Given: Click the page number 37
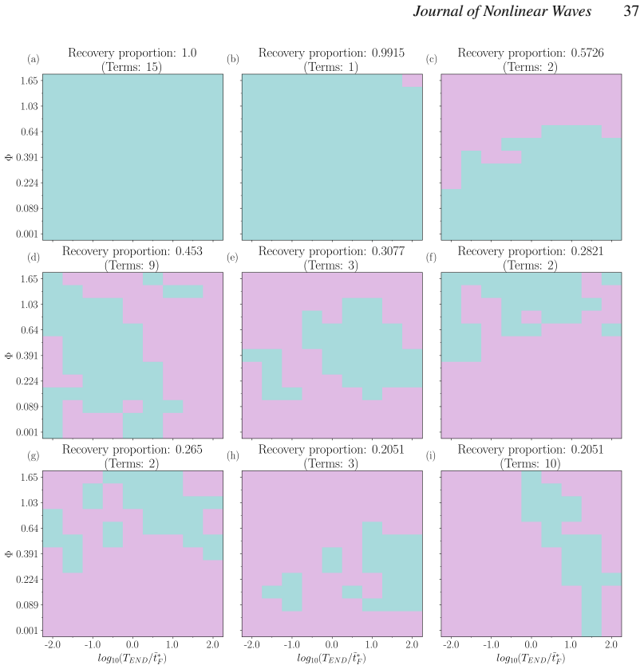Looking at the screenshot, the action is coord(630,10).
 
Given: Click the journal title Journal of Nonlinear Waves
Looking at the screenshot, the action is coord(502,11).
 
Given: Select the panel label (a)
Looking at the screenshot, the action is coord(34,59).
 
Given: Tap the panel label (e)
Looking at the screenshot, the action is coord(232,258).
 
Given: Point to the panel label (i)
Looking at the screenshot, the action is coord(431,455).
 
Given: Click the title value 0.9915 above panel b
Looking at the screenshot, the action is coord(388,53).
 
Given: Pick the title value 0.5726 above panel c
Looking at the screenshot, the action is coord(587,53).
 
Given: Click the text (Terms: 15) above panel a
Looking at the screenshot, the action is coord(132,67).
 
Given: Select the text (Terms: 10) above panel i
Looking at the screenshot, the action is coord(530,464).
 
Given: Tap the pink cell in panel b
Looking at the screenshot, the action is coord(412,81).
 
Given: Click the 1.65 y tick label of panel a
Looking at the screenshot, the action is coord(29,81).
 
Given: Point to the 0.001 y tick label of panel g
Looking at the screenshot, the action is coord(27,631).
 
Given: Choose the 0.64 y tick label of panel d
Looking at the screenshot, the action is coord(29,330).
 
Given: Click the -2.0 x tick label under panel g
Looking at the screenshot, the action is coord(52,644).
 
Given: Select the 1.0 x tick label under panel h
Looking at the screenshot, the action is coord(372,644).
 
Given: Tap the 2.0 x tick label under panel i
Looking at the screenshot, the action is coord(611,644).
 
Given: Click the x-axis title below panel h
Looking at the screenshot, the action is coord(331,659).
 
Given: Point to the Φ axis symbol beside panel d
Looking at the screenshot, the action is coord(9,356).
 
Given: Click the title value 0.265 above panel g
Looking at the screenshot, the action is coord(189,450).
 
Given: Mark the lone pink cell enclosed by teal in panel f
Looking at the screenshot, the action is coord(531,317).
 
